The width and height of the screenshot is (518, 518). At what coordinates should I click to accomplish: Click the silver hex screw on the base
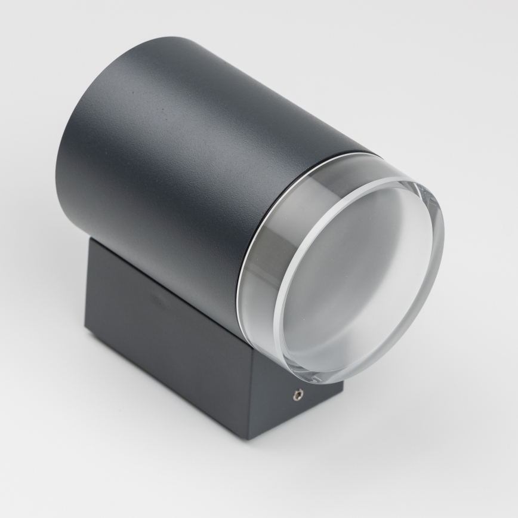click(297, 393)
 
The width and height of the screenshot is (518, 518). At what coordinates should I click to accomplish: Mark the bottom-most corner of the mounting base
click(249, 439)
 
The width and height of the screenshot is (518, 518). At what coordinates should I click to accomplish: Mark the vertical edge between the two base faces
click(249, 394)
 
